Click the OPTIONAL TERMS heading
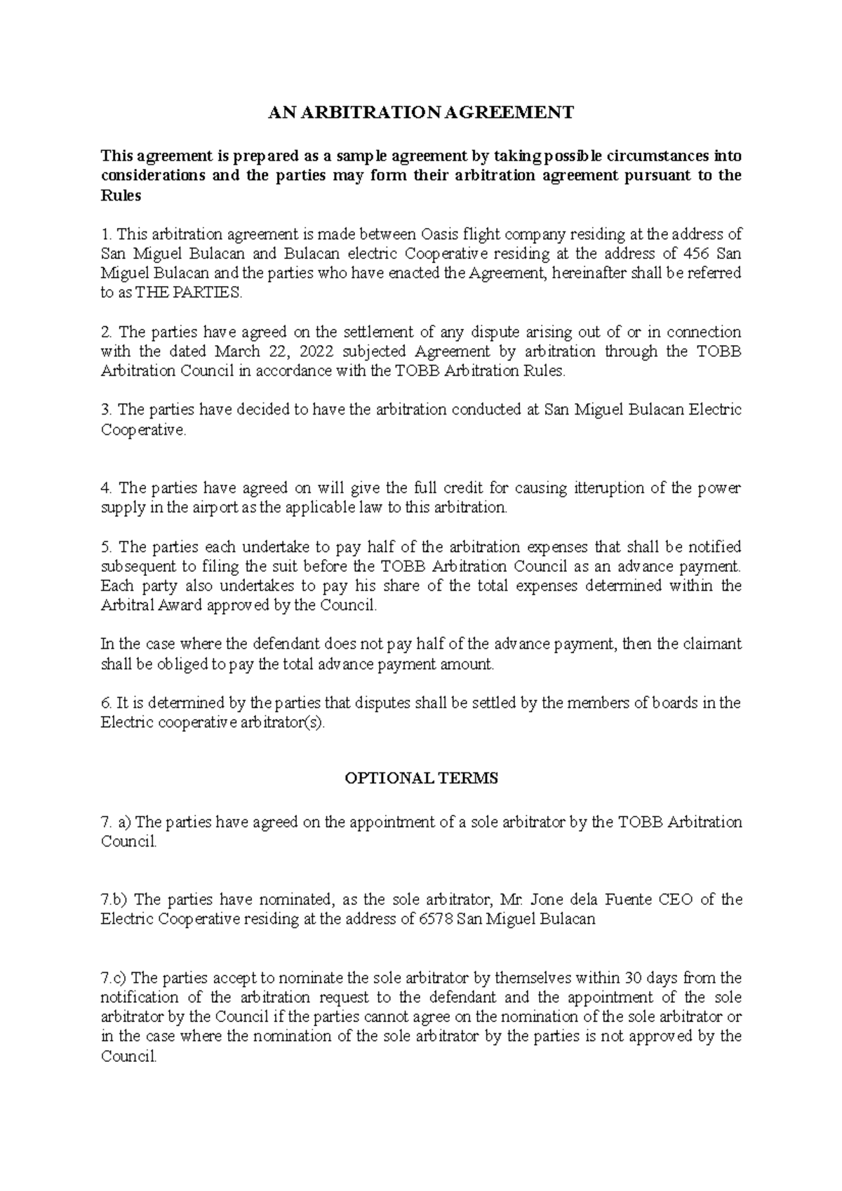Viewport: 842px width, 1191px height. tap(421, 778)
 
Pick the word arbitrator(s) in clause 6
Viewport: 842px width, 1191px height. tap(283, 722)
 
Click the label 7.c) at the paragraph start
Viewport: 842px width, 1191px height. tap(114, 978)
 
